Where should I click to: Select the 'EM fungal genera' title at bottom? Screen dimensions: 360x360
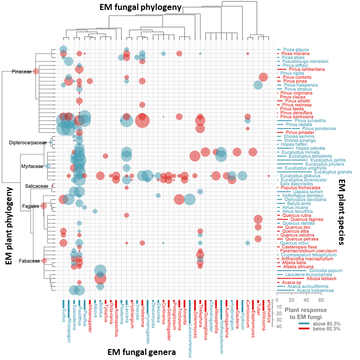coord(141,352)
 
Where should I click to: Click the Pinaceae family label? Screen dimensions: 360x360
coord(21,72)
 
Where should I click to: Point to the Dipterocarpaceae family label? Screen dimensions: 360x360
coord(27,142)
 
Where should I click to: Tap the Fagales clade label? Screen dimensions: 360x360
coord(30,206)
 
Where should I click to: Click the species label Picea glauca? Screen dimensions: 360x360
coord(294,49)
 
